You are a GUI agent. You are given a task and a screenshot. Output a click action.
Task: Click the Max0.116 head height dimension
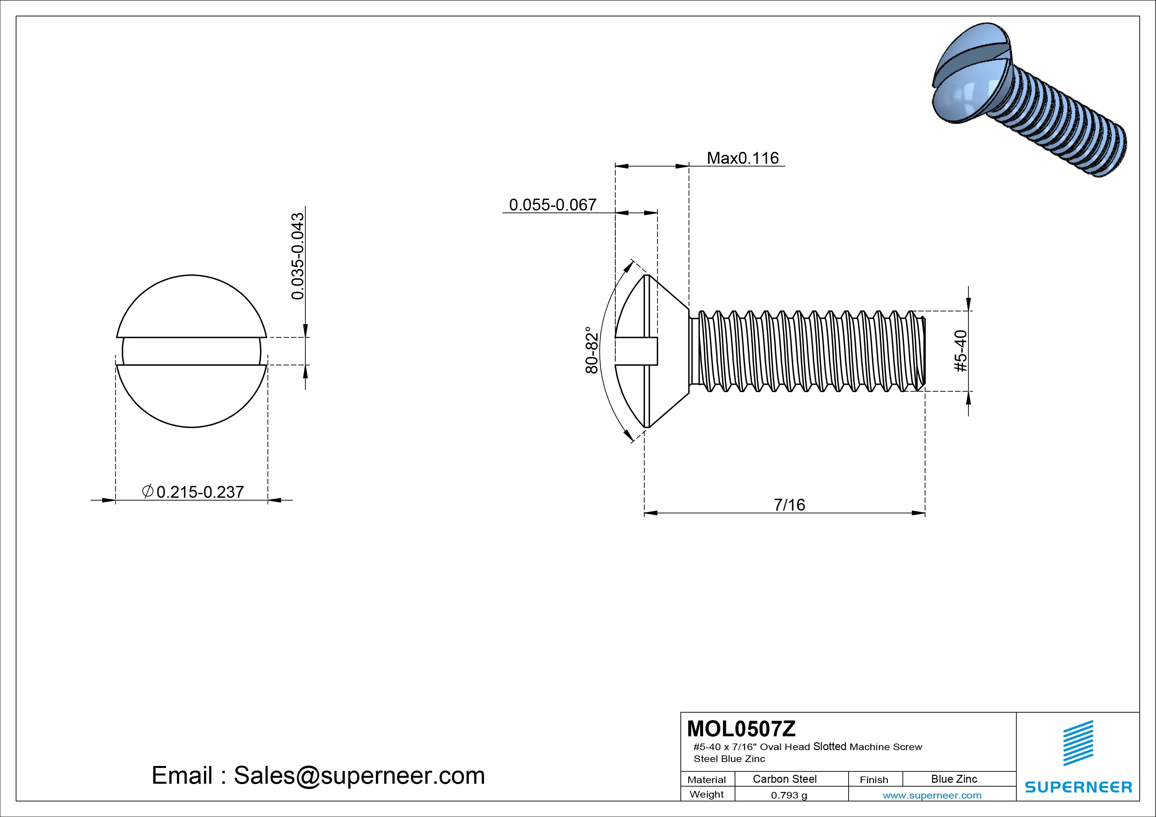[743, 158]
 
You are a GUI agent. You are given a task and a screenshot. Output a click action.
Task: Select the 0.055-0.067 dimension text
[552, 205]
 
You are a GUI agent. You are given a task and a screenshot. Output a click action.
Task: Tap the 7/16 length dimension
[789, 504]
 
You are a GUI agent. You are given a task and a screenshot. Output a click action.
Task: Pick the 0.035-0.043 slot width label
[298, 256]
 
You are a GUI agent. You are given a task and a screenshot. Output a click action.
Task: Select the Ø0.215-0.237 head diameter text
[193, 492]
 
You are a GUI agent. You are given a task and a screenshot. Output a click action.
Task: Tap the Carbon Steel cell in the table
[784, 779]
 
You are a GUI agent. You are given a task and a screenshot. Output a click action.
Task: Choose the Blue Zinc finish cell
[954, 779]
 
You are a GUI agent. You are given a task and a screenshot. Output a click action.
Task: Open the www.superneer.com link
[932, 795]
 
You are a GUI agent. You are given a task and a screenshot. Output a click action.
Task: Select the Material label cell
[707, 780]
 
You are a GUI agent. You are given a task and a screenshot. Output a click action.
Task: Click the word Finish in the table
[874, 780]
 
